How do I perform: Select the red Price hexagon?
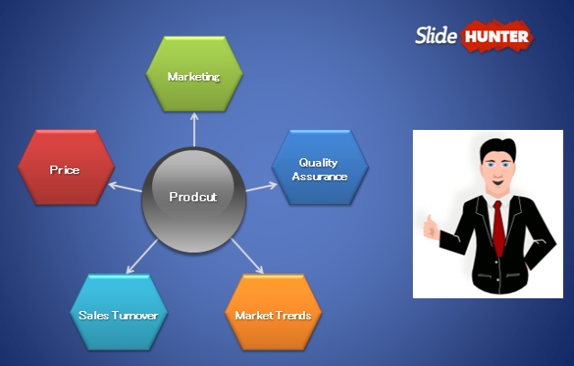(66, 169)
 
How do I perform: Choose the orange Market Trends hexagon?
(273, 315)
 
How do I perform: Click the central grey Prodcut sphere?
(193, 198)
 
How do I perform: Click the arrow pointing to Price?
(125, 187)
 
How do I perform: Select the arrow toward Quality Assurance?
(260, 186)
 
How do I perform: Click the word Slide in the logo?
(436, 36)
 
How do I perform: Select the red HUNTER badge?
(497, 37)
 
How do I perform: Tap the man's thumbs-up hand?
(430, 226)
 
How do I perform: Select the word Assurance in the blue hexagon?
(319, 176)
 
